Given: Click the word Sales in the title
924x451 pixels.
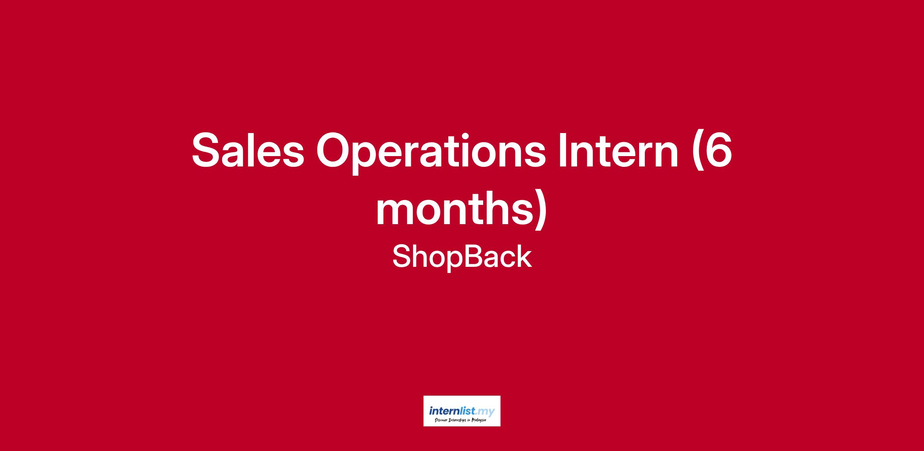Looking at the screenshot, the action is coord(248,150).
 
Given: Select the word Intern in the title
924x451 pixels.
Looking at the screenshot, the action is coord(618,150).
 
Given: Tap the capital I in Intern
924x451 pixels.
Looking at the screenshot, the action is coord(561,150).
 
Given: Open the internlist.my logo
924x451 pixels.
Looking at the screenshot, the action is coord(462,411).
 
